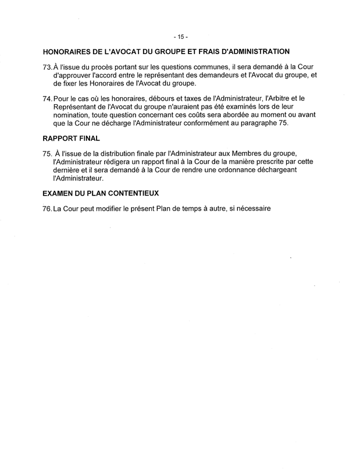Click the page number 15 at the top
[180, 37]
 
